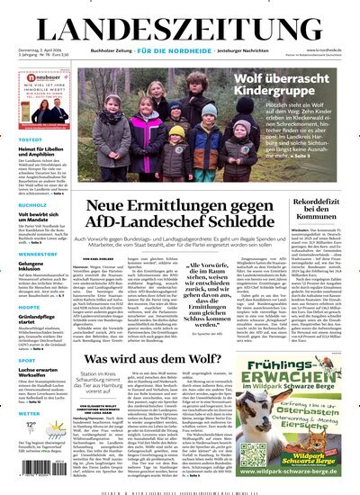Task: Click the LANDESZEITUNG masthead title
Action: pos(180,19)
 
